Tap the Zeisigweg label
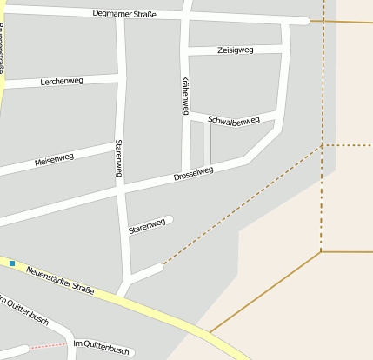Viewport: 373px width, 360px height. point(235,50)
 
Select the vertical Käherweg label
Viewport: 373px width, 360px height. point(185,95)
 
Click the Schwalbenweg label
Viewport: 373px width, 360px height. point(234,121)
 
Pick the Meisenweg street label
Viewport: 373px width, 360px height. point(54,160)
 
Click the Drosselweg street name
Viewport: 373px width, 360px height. point(193,174)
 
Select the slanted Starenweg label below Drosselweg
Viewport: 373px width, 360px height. point(147,226)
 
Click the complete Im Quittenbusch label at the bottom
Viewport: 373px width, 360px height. point(102,349)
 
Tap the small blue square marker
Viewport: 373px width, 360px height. point(12,263)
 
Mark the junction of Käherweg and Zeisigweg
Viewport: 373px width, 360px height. point(185,52)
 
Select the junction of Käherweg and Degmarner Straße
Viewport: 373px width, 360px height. point(186,16)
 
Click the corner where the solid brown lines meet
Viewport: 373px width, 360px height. point(321,252)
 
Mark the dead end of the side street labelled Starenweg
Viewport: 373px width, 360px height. point(170,219)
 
